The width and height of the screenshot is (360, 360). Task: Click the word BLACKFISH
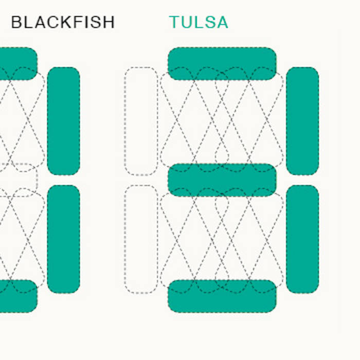tap(63, 22)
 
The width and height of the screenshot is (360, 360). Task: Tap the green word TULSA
tap(199, 22)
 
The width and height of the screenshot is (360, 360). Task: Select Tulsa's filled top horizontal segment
tap(222, 63)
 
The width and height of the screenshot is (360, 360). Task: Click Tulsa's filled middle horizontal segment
tap(222, 179)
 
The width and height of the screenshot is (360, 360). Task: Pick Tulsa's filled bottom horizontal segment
tap(222, 296)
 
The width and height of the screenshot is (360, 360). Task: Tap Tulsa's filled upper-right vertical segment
tap(302, 121)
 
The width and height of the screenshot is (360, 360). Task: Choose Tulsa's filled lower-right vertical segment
tap(302, 239)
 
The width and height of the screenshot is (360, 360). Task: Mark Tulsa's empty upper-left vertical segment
tap(141, 121)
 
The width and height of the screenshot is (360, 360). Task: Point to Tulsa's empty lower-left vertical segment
tap(141, 239)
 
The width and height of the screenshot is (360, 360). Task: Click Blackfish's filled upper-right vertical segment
tap(63, 121)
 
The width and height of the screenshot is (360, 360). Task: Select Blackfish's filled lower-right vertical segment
tap(63, 239)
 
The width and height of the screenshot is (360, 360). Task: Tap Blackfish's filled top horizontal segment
tap(17, 63)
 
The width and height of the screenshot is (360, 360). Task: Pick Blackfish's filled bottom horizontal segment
tap(17, 296)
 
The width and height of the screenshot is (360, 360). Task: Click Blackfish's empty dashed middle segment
tap(17, 179)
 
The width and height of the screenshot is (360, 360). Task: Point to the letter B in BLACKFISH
tap(16, 22)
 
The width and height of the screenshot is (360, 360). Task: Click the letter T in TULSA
tap(175, 22)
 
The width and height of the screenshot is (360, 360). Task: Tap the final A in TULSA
tap(222, 22)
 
